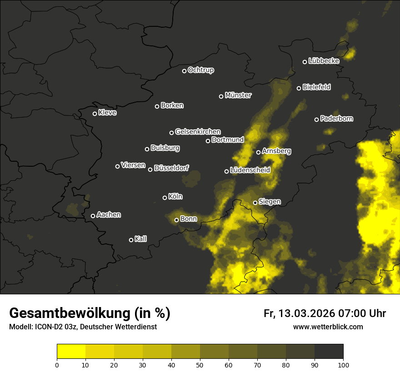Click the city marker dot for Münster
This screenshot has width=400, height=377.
[x=221, y=96]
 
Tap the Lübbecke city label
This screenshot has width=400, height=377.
[x=324, y=61]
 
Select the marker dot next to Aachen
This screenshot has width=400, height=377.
[x=93, y=216]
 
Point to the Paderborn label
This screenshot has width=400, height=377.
[x=336, y=119]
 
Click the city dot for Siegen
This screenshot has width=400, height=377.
[x=255, y=203]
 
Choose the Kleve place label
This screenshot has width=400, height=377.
[x=107, y=113]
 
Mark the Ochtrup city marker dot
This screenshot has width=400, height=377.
[x=184, y=71]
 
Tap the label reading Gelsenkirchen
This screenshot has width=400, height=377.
[x=198, y=132]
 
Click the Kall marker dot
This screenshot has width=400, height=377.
[x=131, y=240]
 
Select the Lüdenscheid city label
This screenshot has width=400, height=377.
[x=250, y=170]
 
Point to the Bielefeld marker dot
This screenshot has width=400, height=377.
[x=299, y=88]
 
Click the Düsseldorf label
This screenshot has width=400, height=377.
[x=171, y=168]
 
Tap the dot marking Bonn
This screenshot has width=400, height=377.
[x=177, y=220]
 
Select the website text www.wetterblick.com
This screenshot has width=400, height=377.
[x=328, y=327]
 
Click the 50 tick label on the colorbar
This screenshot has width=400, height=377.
[x=200, y=364]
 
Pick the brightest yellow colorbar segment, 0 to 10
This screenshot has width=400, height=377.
[x=71, y=352]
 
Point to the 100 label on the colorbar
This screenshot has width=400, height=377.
[x=343, y=364]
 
